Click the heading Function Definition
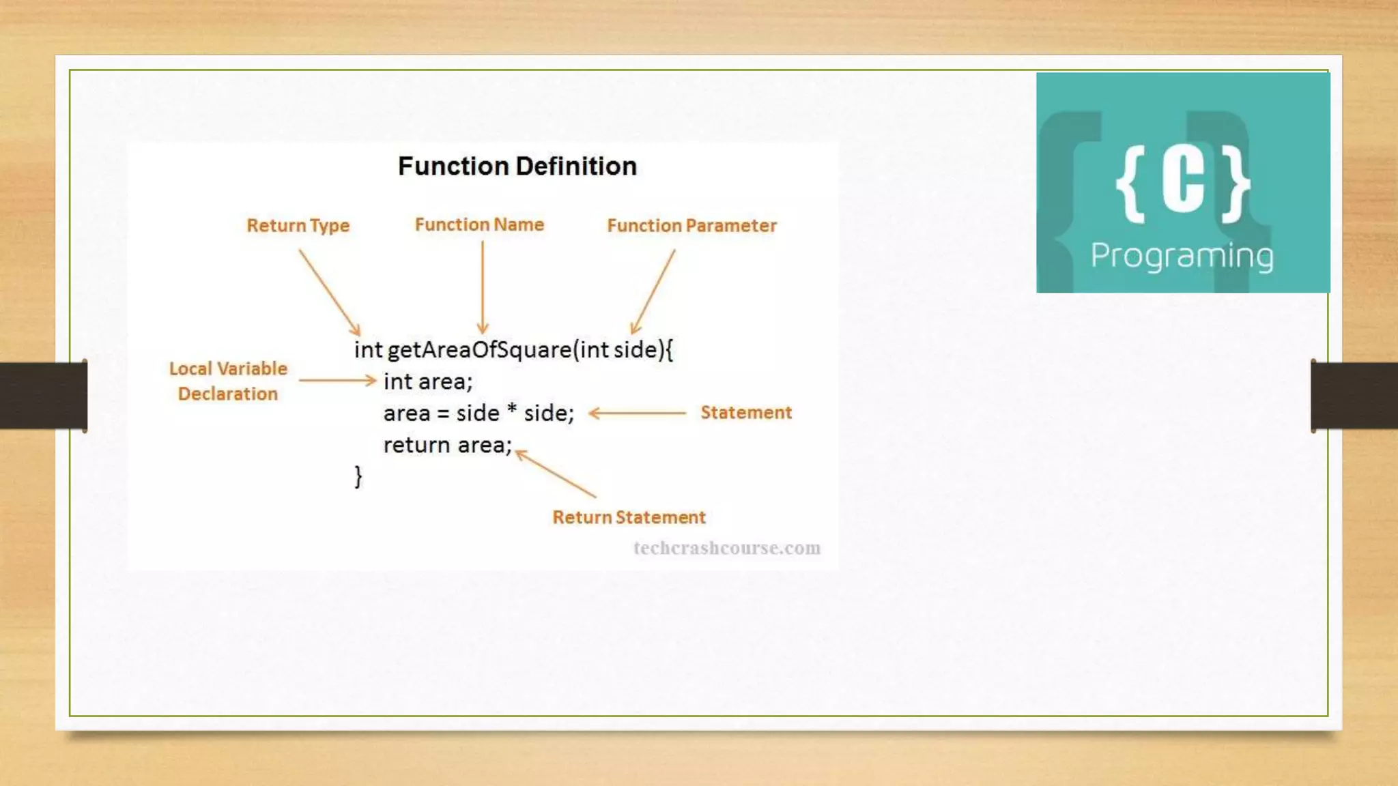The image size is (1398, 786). (x=517, y=166)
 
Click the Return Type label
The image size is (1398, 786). (x=298, y=226)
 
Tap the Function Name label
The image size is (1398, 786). (x=479, y=225)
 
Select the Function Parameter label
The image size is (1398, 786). (x=691, y=226)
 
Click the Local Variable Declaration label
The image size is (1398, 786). (x=228, y=381)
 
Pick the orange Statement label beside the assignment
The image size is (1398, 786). (x=745, y=413)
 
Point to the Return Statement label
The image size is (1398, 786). (x=629, y=518)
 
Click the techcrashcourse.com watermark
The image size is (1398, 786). (x=726, y=549)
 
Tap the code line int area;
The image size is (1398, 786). (x=428, y=381)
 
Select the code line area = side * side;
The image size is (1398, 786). (x=479, y=413)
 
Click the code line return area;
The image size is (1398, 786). (x=447, y=446)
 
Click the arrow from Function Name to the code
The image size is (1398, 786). (x=483, y=287)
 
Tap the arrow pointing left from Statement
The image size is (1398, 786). (x=636, y=413)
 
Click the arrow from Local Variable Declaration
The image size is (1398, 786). (x=337, y=381)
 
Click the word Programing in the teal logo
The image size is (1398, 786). (x=1182, y=257)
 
